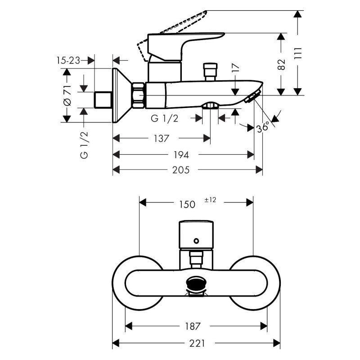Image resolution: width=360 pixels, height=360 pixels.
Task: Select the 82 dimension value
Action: tap(282, 64)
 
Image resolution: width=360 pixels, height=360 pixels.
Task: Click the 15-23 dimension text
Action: tap(68, 60)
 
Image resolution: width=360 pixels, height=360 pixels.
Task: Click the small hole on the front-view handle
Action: tap(196, 242)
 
